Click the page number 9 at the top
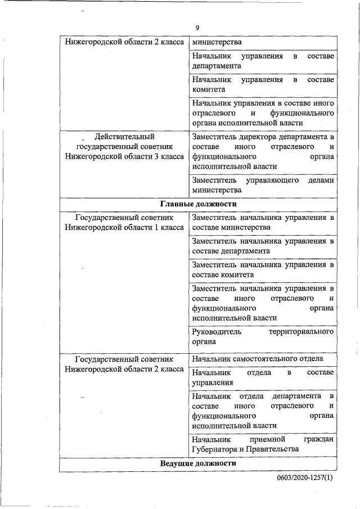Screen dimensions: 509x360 [x=197, y=28]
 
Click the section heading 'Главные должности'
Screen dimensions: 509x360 [x=198, y=204]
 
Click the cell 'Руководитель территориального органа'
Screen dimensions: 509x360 [x=263, y=336]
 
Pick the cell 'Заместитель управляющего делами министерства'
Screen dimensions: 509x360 [x=263, y=186]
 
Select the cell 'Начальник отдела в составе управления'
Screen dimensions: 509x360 [x=263, y=377]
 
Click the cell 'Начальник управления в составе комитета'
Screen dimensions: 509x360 [x=263, y=84]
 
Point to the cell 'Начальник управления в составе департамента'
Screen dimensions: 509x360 [x=263, y=61]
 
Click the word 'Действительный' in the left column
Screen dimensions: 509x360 [x=124, y=136]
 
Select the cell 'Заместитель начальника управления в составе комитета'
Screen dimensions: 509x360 [x=263, y=269]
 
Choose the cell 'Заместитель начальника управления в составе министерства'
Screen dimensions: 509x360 [x=263, y=222]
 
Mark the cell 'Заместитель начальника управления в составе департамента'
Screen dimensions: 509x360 [x=263, y=246]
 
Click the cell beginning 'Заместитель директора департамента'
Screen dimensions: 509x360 [x=263, y=151]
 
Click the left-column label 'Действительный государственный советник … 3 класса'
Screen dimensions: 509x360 [x=124, y=146]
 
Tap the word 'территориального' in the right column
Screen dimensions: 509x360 [x=301, y=331]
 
